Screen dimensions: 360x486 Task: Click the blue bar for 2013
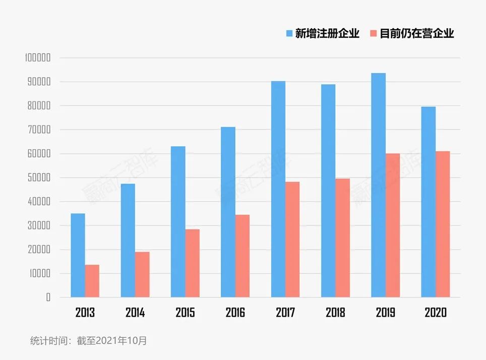(78, 255)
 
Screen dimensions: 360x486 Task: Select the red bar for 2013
(92, 281)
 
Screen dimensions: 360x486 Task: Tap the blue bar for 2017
(278, 189)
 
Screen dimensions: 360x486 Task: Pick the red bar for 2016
(242, 256)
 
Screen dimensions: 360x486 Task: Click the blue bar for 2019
(378, 185)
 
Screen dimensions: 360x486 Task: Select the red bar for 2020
(443, 224)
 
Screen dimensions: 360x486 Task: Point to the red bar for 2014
(142, 274)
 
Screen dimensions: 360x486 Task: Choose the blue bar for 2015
(178, 222)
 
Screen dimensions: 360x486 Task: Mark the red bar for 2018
(342, 237)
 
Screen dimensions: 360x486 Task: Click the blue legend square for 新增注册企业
(289, 34)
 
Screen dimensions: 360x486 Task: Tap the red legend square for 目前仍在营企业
(373, 34)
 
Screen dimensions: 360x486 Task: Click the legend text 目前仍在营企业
(417, 34)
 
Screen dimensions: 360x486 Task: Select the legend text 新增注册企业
(327, 34)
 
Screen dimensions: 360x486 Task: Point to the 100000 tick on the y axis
(38, 58)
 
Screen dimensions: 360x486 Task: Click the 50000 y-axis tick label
(38, 177)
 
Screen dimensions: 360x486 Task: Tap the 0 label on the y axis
(48, 297)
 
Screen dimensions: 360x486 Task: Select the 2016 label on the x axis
(235, 313)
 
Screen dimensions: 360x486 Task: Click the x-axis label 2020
(436, 313)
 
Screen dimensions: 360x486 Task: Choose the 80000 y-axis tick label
(38, 106)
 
